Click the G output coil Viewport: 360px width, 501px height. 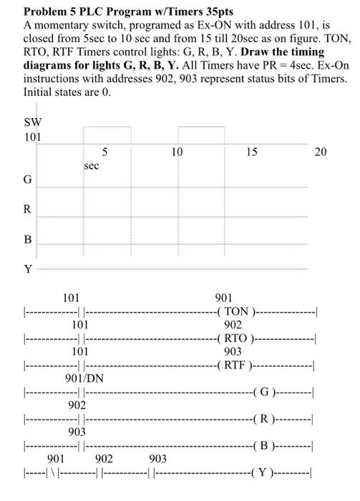tap(265, 392)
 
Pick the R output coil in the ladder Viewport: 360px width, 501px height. tap(265, 419)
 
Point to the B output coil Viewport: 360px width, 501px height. tap(265, 446)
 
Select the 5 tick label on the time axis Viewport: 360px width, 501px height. tap(105, 152)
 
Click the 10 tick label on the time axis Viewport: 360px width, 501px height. tap(177, 152)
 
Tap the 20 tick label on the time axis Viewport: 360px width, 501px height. tap(321, 152)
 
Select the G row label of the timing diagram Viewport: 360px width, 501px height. tap(27, 180)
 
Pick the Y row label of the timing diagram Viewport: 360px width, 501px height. tap(28, 269)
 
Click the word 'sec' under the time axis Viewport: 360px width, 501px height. tap(92, 165)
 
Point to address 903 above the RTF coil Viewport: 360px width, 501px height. tap(233, 351)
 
